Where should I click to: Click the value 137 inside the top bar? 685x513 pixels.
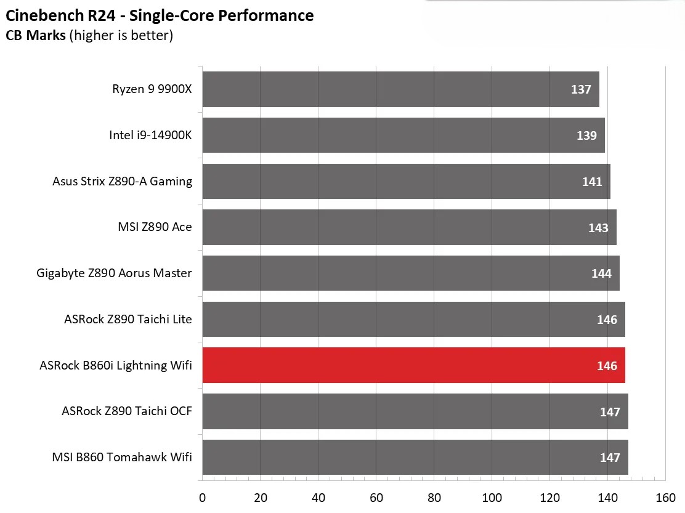pyautogui.click(x=581, y=89)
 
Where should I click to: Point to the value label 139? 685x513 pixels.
pyautogui.click(x=586, y=135)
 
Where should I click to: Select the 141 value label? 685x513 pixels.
pyautogui.click(x=592, y=182)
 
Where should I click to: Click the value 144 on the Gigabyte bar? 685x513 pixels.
pyautogui.click(x=601, y=273)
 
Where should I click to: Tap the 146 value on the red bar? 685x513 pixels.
pyautogui.click(x=607, y=366)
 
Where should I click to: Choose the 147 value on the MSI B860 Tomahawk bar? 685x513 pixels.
pyautogui.click(x=610, y=458)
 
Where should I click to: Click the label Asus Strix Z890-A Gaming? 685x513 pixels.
pyautogui.click(x=122, y=181)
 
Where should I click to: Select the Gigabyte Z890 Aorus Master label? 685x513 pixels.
pyautogui.click(x=114, y=273)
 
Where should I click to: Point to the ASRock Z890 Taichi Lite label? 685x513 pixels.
pyautogui.click(x=128, y=319)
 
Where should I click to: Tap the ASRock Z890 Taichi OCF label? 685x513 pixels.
pyautogui.click(x=126, y=411)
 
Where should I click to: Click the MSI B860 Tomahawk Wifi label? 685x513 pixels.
pyautogui.click(x=122, y=457)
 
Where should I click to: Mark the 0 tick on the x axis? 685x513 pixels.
pyautogui.click(x=202, y=498)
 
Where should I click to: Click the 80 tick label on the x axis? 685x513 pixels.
pyautogui.click(x=434, y=498)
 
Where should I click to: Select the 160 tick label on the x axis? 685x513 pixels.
pyautogui.click(x=665, y=498)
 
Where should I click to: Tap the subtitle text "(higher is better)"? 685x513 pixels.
pyautogui.click(x=121, y=36)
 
